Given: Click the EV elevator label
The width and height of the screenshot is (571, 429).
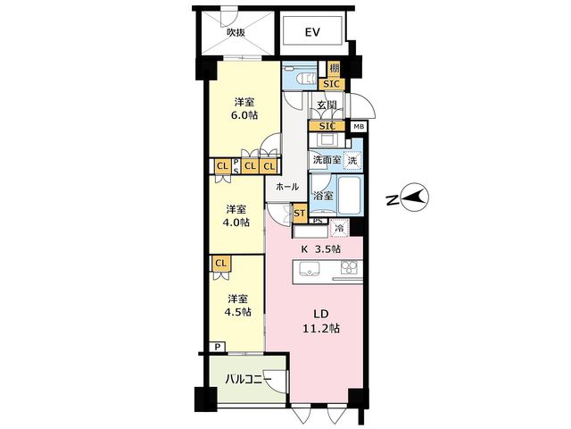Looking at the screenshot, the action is coord(312,32).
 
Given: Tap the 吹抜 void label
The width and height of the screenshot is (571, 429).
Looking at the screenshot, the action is coord(236,32).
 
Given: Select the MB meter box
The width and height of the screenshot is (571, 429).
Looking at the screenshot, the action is coord(359,127).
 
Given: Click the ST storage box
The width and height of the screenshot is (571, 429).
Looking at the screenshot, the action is coord(300,213).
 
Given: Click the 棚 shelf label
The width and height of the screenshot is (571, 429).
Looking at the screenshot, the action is coord(334,68).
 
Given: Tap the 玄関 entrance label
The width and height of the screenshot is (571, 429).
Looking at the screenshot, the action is coord(327,105).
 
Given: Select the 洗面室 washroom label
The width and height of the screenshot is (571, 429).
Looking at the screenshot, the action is coord(327,159).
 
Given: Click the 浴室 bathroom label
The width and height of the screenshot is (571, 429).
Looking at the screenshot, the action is coord(323,196).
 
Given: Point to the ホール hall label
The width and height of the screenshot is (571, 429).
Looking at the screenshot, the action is coord(287,187).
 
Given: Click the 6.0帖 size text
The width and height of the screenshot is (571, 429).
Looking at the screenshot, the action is coord(244,115).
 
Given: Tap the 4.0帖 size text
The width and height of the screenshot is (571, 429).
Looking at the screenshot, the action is coord(236,223).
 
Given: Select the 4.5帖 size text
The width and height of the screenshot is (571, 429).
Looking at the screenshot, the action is coord(237,312).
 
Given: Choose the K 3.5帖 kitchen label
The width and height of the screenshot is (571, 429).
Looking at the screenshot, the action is coord(320,249).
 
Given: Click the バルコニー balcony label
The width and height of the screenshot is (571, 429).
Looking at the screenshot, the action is coord(248,379).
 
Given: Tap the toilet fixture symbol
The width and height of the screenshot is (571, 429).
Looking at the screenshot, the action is coord(305,78).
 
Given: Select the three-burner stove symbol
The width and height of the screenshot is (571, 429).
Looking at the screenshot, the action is coord(350,268).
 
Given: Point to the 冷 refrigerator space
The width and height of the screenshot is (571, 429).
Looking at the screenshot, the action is coord(339,229).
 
